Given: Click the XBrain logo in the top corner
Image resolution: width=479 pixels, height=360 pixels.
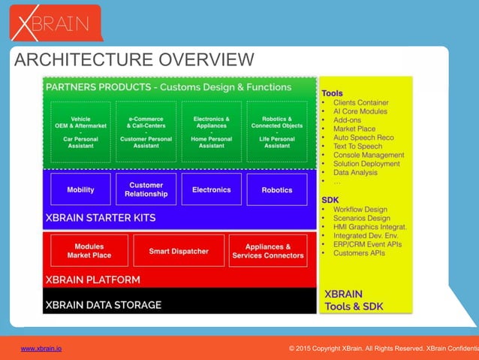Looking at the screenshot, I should [55, 23].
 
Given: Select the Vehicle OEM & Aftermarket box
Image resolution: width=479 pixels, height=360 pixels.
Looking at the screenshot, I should [81, 132].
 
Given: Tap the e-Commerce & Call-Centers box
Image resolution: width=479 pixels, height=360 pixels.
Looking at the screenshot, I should [146, 132].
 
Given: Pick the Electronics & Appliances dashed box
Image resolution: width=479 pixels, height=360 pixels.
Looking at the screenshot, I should [212, 132].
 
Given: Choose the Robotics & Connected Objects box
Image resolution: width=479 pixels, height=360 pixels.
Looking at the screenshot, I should [277, 132].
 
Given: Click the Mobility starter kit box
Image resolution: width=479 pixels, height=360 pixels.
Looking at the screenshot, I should [81, 190].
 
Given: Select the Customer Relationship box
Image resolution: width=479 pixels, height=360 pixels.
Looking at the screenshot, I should [146, 189].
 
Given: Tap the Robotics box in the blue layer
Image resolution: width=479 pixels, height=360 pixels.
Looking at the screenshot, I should [277, 190].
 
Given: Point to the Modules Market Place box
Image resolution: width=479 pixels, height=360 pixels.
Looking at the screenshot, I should [89, 251].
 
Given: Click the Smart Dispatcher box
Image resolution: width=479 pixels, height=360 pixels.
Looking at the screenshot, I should [178, 251].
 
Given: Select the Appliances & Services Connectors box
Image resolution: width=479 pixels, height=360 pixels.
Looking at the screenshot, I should [268, 251].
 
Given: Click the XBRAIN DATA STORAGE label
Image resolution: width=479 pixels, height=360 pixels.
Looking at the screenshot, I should [104, 305].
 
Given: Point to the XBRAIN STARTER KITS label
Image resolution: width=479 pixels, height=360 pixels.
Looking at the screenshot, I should [101, 218].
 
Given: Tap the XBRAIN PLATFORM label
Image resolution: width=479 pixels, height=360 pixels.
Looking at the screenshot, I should [92, 280].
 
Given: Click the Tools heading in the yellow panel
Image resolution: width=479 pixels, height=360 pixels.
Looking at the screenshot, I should [332, 93].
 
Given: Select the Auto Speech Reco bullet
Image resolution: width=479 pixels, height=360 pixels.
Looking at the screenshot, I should [364, 138].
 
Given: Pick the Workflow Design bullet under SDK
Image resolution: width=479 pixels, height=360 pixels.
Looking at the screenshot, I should [360, 209].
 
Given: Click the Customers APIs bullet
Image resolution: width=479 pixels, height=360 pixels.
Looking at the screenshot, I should [359, 253].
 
